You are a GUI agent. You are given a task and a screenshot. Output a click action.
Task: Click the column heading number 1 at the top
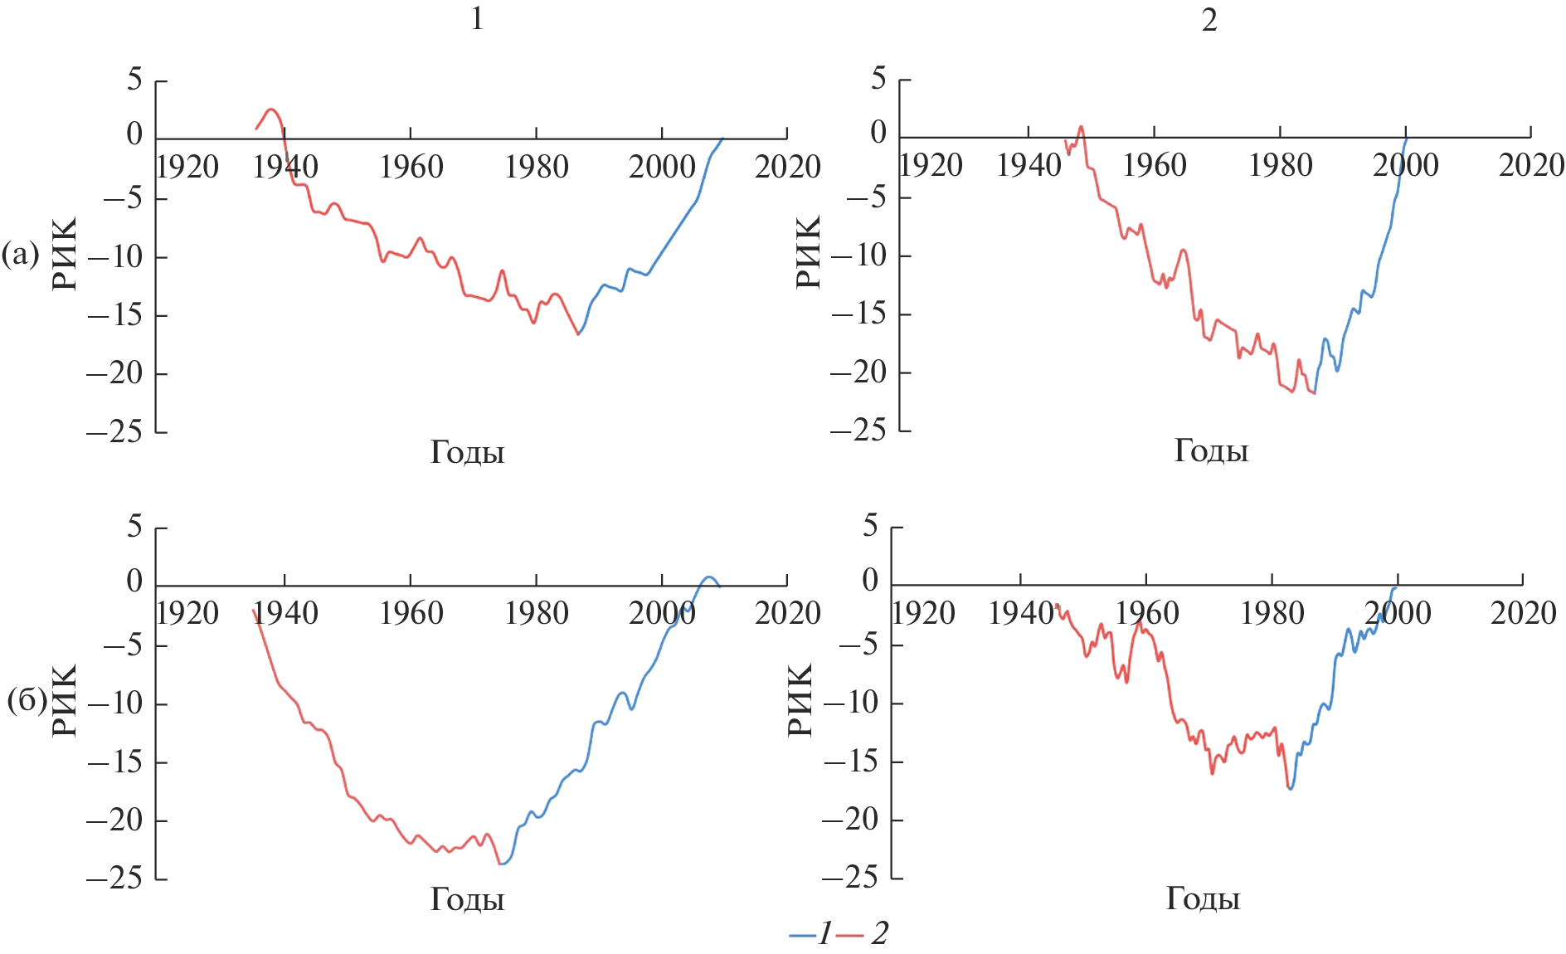click(477, 18)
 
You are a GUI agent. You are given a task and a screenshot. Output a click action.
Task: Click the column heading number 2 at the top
click(1209, 20)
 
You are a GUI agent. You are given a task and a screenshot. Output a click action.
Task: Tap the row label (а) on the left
click(21, 254)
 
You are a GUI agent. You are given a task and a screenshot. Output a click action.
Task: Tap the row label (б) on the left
click(25, 701)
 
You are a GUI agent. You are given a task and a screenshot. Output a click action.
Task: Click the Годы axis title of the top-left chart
click(467, 452)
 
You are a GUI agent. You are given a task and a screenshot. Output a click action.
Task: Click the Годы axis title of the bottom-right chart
click(1203, 898)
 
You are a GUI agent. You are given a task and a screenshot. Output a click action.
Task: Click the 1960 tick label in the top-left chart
click(411, 168)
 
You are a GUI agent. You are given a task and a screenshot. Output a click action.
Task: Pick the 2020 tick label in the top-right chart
click(1531, 166)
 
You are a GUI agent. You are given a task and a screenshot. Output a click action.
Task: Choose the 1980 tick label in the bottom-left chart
click(537, 614)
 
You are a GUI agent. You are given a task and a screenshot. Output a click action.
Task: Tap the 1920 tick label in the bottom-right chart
click(923, 614)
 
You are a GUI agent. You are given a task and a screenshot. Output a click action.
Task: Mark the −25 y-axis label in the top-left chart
click(114, 431)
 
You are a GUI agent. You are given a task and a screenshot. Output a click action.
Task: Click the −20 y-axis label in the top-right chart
click(858, 372)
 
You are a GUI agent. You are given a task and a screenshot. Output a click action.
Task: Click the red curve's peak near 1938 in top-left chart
click(270, 109)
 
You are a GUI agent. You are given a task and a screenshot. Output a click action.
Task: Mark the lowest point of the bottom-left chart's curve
click(501, 864)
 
